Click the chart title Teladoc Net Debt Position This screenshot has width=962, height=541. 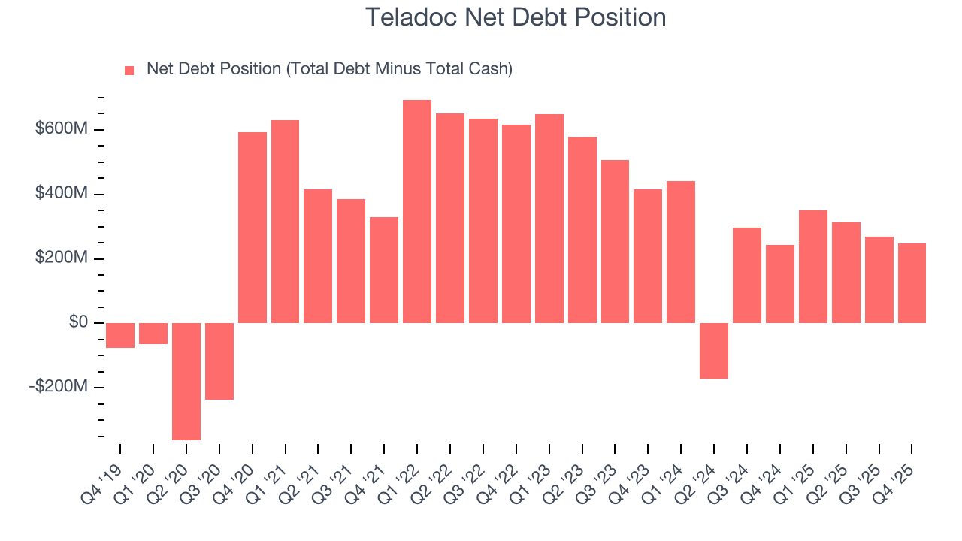click(515, 17)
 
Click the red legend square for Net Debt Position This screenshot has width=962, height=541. click(129, 70)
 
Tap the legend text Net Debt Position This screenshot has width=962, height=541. click(329, 69)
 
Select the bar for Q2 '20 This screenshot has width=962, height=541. click(186, 381)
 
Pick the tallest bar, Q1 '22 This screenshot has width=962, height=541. click(417, 211)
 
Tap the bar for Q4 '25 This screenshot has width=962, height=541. click(912, 283)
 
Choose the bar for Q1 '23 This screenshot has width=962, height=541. click(549, 219)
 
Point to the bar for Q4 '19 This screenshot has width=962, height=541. click(120, 335)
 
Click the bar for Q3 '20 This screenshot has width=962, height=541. click(219, 361)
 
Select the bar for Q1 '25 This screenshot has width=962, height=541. click(812, 267)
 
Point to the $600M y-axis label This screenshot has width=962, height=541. click(62, 129)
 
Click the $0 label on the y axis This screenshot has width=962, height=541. click(79, 322)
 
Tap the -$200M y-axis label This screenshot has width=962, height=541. click(59, 386)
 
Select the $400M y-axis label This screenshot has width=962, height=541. click(62, 194)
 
